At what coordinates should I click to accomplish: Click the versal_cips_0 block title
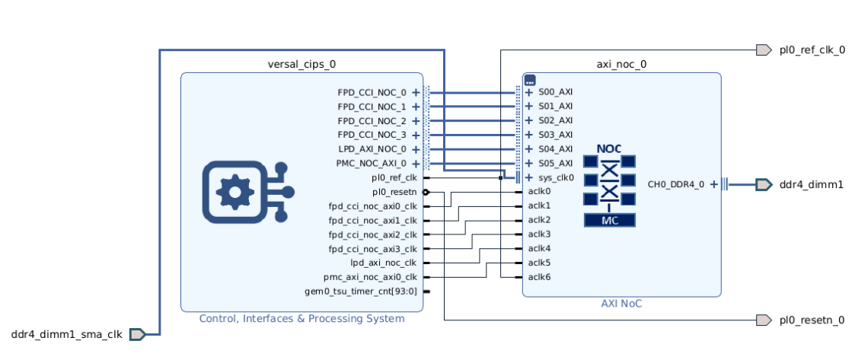coord(301,64)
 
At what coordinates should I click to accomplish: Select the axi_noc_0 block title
coord(621,64)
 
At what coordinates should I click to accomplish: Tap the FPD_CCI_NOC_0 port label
coord(372,93)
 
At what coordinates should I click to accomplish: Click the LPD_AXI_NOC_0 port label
coord(372,149)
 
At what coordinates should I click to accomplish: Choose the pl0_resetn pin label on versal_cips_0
coord(394,192)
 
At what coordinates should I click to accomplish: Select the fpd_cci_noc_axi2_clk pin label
coord(372,234)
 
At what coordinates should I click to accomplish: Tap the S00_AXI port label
coord(555,93)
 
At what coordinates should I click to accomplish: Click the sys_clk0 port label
coord(556,177)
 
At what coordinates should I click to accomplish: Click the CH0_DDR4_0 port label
coord(676,184)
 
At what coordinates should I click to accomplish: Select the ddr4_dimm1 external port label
coord(811,184)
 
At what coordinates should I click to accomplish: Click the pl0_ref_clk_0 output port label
coord(812,50)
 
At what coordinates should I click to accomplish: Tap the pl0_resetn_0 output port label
coord(812,320)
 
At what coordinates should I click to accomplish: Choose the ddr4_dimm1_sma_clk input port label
coord(66,334)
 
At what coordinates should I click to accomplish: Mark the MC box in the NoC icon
coord(609,221)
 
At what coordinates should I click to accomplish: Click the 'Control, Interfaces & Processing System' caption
coord(301,318)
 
